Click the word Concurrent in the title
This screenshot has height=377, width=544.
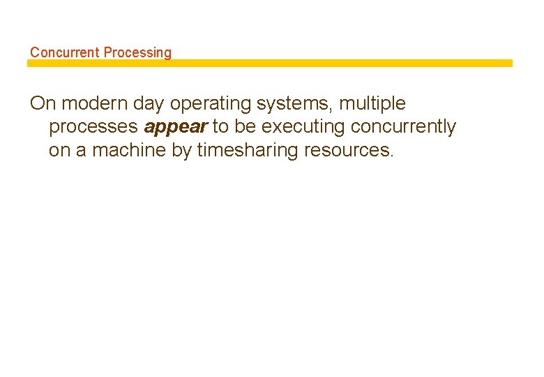65,52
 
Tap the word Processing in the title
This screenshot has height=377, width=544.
137,52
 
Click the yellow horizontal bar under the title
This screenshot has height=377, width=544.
269,63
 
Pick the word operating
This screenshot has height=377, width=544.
210,104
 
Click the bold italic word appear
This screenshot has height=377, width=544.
176,127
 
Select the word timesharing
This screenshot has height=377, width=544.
248,150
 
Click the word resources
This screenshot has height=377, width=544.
349,150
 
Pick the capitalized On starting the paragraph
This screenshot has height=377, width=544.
42,103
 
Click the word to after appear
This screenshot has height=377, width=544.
220,126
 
